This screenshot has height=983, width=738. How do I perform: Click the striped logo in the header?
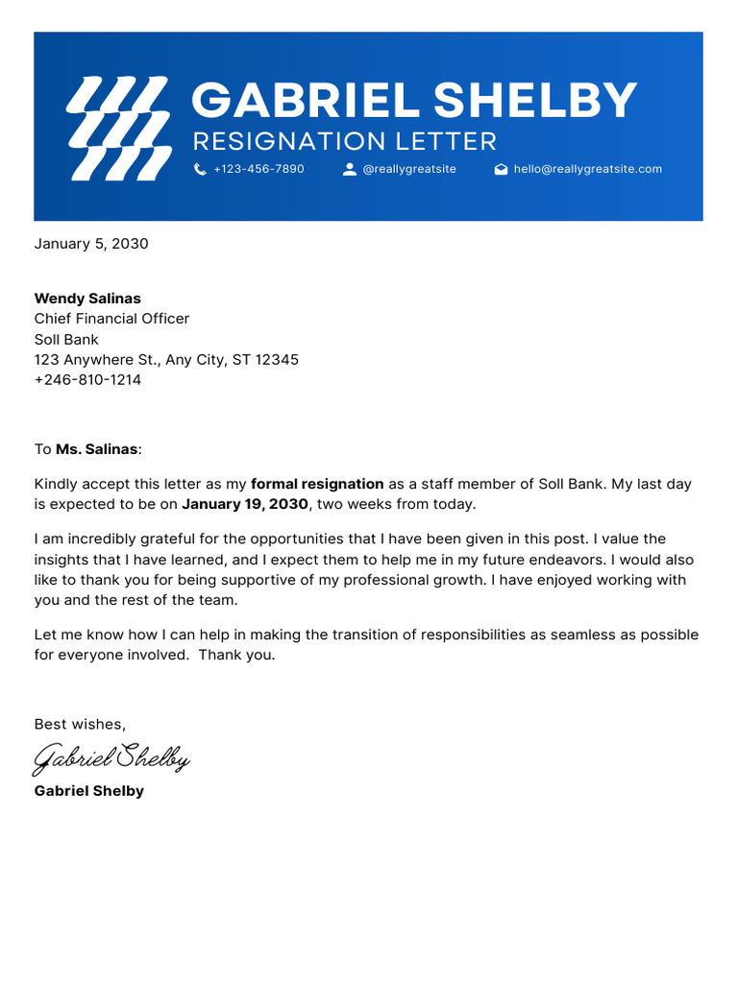point(117,129)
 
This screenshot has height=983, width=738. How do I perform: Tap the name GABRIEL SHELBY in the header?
point(413,101)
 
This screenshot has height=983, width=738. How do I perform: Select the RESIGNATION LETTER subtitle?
point(344,142)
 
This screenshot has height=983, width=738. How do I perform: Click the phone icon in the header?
point(200,169)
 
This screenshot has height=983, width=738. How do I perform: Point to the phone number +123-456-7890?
point(258,169)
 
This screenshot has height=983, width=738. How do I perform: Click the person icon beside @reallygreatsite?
point(349,169)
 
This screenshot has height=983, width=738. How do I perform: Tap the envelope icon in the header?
point(501,169)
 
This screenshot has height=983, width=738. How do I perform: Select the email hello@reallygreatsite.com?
point(587,169)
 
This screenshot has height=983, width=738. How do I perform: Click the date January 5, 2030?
point(91,244)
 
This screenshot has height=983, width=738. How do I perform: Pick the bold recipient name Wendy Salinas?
point(87,299)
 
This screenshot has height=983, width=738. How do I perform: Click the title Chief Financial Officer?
point(111,319)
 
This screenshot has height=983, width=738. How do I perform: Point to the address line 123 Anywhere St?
point(166,360)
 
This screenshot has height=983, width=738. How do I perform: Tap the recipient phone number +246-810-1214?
point(87,380)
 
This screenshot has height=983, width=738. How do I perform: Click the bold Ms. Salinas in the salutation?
point(97,449)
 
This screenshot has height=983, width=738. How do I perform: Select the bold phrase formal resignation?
point(317,485)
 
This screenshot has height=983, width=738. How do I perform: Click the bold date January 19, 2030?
point(245,505)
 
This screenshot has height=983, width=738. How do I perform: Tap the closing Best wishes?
point(80,724)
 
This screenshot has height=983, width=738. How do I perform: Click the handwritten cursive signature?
point(111,758)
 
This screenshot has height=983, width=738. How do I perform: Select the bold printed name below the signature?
point(88,791)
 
